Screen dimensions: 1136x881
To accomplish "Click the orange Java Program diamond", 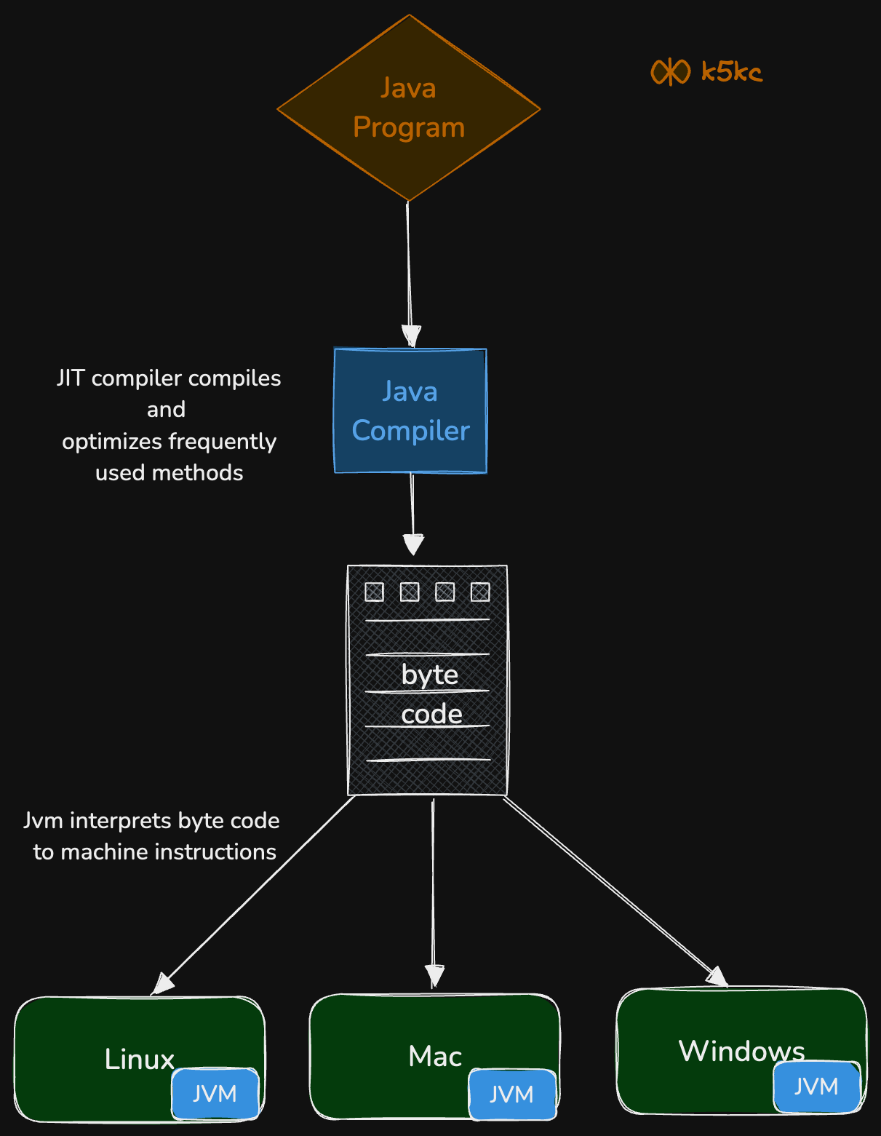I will coord(408,108).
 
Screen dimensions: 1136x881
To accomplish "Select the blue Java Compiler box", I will coord(410,411).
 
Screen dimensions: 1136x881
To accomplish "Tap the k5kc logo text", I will coord(731,72).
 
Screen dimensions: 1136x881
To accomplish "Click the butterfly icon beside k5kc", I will coord(670,72).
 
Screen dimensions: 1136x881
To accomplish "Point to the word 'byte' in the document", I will coord(429,675).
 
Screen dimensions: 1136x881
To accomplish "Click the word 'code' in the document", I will coord(431,714).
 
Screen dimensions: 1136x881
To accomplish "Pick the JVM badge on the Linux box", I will coord(215,1094).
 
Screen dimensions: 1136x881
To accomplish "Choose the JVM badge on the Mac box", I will coord(512,1094).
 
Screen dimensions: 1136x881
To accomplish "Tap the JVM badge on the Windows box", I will coord(816,1087).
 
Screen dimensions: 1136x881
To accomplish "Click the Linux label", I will coord(139,1059).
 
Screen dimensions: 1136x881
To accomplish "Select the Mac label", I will coord(435,1056).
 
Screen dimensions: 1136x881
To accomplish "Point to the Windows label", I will coord(741,1051).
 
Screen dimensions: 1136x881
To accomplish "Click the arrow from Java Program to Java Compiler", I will coord(409,269).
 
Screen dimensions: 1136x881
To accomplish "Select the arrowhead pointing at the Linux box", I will coord(163,984).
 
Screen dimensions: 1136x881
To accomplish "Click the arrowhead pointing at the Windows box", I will coord(717,977).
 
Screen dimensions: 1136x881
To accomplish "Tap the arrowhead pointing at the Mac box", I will coord(434,975).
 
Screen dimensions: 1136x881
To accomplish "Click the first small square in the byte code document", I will coord(374,592).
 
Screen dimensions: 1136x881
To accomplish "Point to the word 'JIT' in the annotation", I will coord(71,378).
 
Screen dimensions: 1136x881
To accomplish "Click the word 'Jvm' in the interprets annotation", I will coord(43,821).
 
